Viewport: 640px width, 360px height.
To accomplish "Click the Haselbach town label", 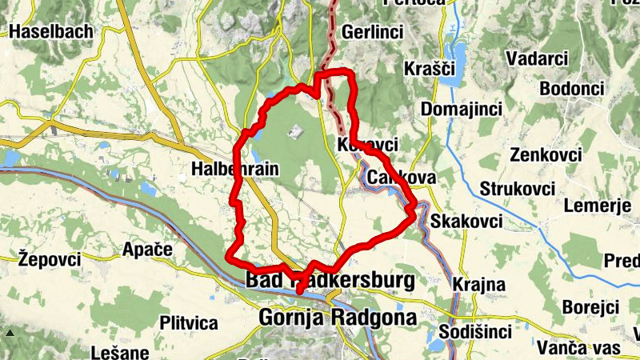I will (52, 31).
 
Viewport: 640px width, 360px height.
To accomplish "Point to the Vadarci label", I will (538, 58).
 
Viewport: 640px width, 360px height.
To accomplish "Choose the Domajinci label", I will (461, 108).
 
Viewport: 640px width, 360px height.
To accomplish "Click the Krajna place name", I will (478, 284).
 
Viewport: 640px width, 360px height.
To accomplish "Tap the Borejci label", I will (591, 307).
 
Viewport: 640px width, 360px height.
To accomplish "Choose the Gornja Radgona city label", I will (338, 318).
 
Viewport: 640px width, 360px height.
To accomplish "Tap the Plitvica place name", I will (189, 323).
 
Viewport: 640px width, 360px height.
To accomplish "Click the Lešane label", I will (120, 352).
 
